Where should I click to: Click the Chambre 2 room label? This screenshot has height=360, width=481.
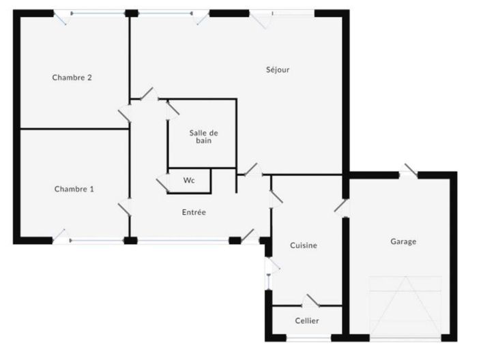click(72, 78)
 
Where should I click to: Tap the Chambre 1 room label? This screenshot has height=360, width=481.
click(74, 189)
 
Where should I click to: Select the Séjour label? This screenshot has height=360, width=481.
click(278, 69)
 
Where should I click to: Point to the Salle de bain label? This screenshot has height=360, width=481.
click(203, 136)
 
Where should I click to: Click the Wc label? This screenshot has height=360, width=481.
click(189, 181)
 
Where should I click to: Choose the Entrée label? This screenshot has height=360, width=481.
click(194, 212)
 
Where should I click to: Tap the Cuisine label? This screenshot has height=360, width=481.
click(304, 245)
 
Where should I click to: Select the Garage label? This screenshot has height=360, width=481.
click(403, 241)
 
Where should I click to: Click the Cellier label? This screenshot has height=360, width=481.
click(307, 320)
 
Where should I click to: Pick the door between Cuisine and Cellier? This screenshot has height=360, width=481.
click(313, 301)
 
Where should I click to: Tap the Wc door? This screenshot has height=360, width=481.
click(163, 183)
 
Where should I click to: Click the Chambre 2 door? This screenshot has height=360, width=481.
click(125, 111)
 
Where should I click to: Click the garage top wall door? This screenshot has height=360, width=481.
click(409, 171)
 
